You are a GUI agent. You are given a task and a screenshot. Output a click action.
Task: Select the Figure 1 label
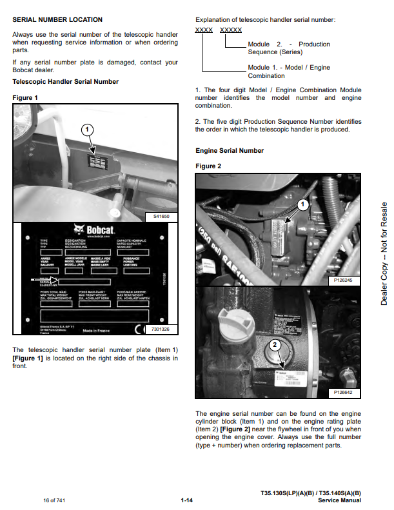(x=25, y=97)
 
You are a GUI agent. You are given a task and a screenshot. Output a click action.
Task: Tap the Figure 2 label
(x=208, y=166)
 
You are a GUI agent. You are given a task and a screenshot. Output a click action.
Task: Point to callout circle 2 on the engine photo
(x=275, y=346)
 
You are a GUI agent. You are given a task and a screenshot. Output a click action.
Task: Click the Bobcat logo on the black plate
(x=90, y=229)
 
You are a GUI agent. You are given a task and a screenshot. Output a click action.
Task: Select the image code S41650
(x=161, y=217)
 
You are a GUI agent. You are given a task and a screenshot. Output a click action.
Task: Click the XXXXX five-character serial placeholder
(x=231, y=30)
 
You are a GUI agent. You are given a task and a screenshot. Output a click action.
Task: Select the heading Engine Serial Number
(x=230, y=151)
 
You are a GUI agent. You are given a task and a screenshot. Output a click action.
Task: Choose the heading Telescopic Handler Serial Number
(x=66, y=82)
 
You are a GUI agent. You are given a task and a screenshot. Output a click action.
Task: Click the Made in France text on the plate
(x=97, y=331)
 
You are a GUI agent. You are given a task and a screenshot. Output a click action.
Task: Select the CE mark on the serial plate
(x=139, y=330)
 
